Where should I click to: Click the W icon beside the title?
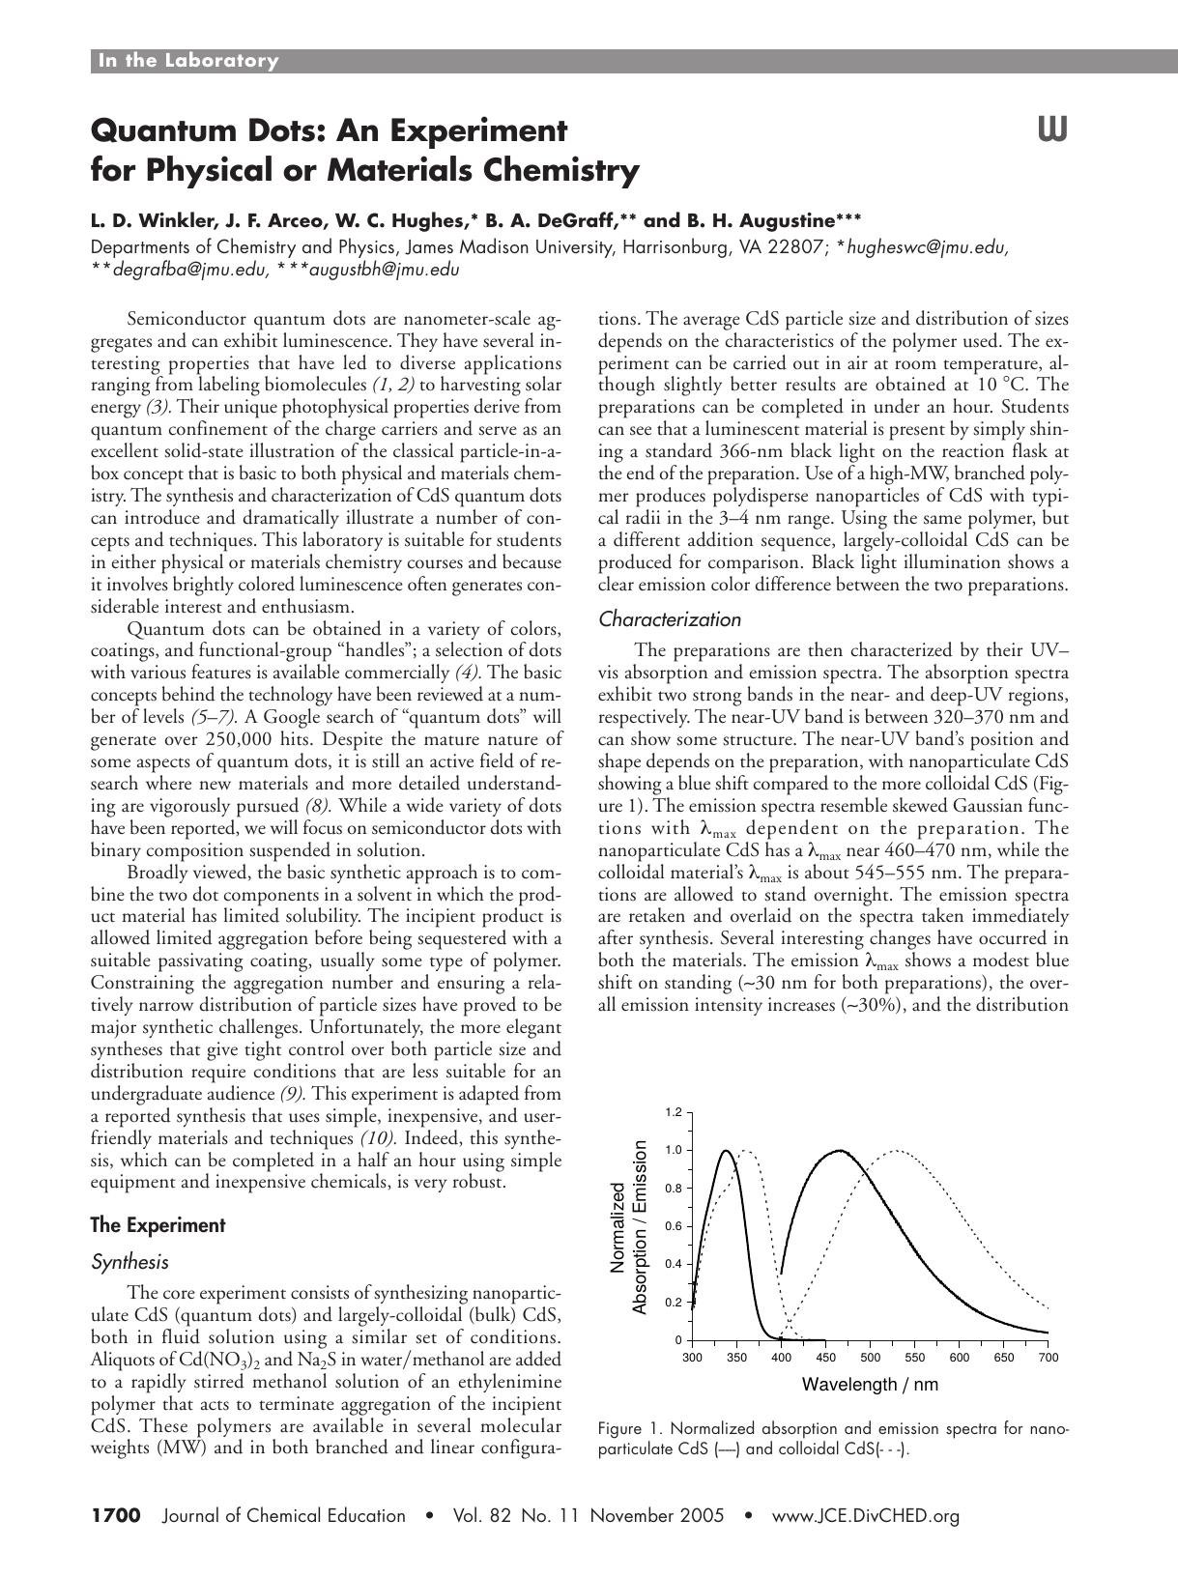pyautogui.click(x=1052, y=129)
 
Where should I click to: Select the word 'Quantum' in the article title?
pyautogui.click(x=158, y=129)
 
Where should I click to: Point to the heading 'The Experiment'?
pyautogui.click(x=158, y=1225)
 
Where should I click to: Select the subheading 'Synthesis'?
pyautogui.click(x=129, y=1262)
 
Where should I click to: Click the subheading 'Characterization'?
pyautogui.click(x=670, y=619)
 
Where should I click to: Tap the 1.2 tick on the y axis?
pyautogui.click(x=674, y=1112)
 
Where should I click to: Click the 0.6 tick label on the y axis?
pyautogui.click(x=674, y=1226)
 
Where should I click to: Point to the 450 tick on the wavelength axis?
pyautogui.click(x=825, y=1358)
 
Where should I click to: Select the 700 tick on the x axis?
pyautogui.click(x=1048, y=1358)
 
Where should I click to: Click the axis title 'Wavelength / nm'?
pyautogui.click(x=870, y=1385)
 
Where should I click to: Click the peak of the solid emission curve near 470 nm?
pyautogui.click(x=840, y=1150)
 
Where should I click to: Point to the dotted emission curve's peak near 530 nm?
pyautogui.click(x=898, y=1150)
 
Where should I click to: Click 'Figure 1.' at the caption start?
pyautogui.click(x=631, y=1428)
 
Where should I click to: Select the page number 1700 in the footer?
pyautogui.click(x=116, y=1515)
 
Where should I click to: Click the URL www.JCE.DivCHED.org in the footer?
pyautogui.click(x=865, y=1515)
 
